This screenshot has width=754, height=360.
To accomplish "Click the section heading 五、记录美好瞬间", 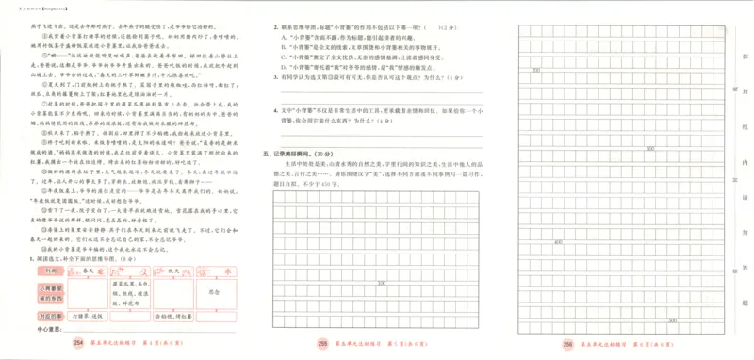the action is point(294,152).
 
